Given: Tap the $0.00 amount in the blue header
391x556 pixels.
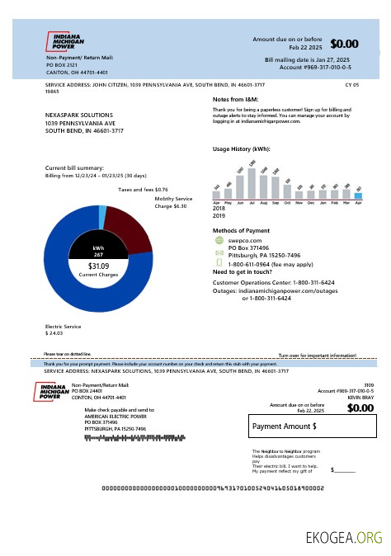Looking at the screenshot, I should coord(344,44).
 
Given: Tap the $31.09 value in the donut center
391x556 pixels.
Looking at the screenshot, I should coord(98,266).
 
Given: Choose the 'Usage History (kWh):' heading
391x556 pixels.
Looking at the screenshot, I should coord(241,149).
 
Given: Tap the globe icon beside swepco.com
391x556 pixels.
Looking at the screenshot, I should coord(219,240).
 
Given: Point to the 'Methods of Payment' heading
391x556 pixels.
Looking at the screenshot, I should coord(241,230).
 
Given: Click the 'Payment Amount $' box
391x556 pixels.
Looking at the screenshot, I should coord(313,426).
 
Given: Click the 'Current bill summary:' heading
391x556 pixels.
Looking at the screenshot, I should coord(74,168).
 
